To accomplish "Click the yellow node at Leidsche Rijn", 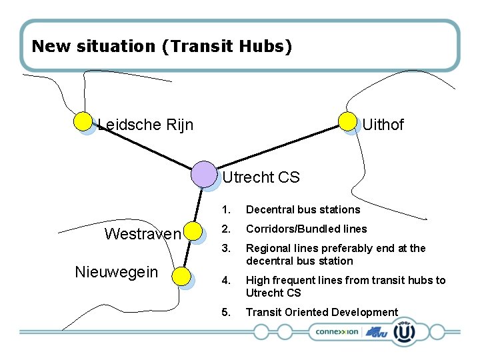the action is coord(83,121).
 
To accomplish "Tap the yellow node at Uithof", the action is coord(347,121).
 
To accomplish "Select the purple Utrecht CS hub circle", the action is coord(203,174).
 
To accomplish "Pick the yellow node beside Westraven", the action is coord(193,231).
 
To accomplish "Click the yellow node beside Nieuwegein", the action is coord(181,275).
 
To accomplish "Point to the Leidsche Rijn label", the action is coord(145,125).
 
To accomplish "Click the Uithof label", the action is coord(383,125).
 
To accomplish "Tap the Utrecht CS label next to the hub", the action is coord(261,177).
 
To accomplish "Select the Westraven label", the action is coord(143,234).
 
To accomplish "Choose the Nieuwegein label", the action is coord(116,272).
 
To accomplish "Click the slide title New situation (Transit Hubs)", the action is coord(162,47).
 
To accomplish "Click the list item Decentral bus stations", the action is coord(303,209).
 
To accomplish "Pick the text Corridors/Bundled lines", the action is coord(306,229).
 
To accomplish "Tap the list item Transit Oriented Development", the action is coord(321,312).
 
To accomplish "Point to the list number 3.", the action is coord(226,248).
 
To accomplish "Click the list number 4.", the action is coord(226,280).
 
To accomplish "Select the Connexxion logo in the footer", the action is coord(337,331).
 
